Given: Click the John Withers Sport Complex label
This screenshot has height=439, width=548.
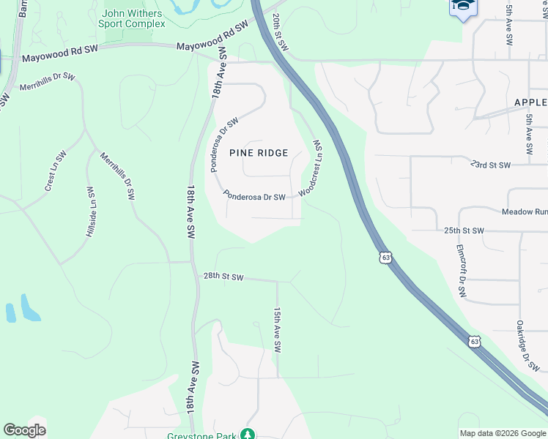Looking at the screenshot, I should pyautogui.click(x=133, y=18).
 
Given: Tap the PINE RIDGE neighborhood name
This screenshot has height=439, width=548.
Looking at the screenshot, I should pyautogui.click(x=259, y=153).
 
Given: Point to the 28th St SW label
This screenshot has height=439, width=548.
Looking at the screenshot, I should pyautogui.click(x=223, y=277).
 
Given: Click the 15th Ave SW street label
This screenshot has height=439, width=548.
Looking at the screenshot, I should pyautogui.click(x=278, y=330).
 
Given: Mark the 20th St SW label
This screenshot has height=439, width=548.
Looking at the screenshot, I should pyautogui.click(x=281, y=32).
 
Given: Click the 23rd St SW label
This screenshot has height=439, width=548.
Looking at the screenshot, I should pyautogui.click(x=490, y=165).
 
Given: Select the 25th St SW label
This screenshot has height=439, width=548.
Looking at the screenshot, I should pyautogui.click(x=464, y=230).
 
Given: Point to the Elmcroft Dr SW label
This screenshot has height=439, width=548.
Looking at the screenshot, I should pyautogui.click(x=462, y=270).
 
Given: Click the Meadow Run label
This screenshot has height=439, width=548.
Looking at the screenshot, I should pyautogui.click(x=524, y=211).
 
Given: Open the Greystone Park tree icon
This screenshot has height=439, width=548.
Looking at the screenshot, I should pyautogui.click(x=248, y=435).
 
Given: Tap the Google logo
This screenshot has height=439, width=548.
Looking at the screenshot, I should pyautogui.click(x=24, y=430).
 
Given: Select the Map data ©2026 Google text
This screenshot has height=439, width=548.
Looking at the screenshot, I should pyautogui.click(x=502, y=433).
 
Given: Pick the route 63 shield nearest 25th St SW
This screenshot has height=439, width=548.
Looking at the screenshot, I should pyautogui.click(x=386, y=258).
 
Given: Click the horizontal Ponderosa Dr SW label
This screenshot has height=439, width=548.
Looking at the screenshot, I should pyautogui.click(x=253, y=196).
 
